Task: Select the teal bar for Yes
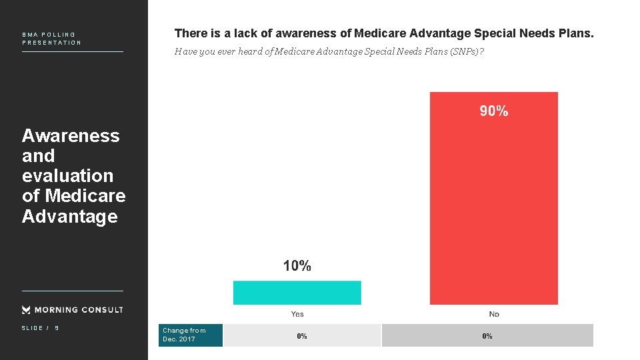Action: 297,293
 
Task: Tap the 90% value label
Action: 493,111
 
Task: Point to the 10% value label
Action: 297,266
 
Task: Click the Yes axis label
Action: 297,314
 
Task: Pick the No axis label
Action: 493,314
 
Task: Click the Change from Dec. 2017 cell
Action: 185,335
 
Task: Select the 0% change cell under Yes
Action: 302,336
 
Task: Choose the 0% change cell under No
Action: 487,336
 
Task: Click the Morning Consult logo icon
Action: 27,309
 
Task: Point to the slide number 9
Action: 57,328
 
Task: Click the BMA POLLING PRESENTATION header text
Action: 51,39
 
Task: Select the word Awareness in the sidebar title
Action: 71,136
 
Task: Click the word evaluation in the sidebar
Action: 67,176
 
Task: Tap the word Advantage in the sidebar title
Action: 69,217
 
